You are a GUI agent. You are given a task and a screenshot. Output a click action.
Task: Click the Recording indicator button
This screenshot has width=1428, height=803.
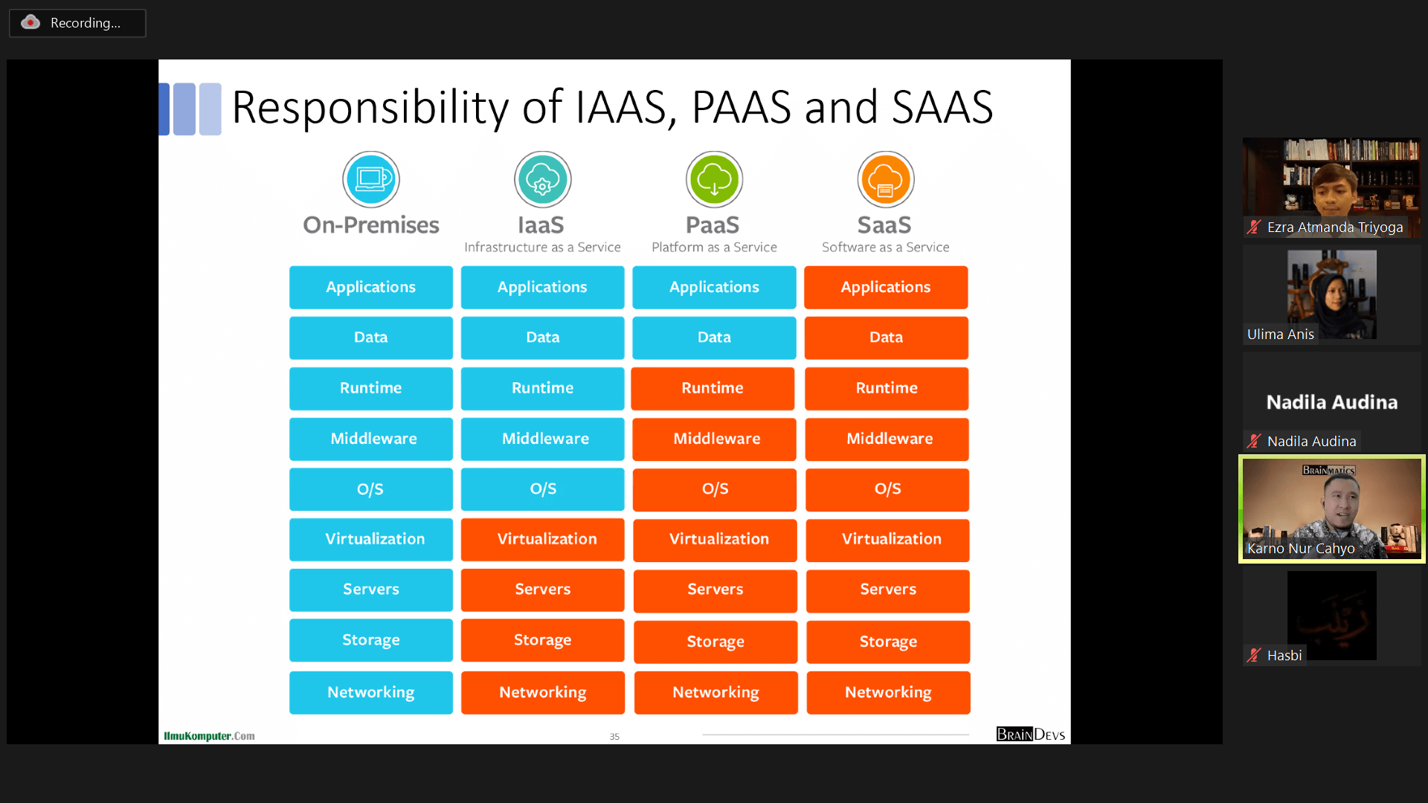[77, 23]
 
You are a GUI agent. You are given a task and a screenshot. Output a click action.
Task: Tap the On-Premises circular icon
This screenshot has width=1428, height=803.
[371, 179]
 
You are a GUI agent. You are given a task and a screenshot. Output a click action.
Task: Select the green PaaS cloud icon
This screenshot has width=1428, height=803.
[714, 179]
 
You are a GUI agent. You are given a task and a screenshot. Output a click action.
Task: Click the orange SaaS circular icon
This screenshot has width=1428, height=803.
[885, 179]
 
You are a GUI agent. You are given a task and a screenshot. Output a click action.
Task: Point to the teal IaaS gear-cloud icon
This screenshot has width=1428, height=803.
[542, 179]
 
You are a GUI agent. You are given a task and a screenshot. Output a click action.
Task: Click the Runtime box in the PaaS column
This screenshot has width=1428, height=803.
[713, 388]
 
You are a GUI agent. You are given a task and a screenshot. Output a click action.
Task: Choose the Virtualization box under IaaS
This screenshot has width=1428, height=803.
[542, 539]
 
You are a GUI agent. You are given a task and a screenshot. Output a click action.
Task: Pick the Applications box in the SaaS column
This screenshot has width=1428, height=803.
[885, 287]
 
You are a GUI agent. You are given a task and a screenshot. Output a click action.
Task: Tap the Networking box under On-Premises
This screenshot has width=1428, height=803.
[370, 692]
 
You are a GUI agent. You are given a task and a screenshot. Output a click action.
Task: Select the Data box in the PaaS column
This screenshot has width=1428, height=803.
[714, 338]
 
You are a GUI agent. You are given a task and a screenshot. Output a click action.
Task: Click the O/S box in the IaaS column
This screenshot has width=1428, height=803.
[542, 489]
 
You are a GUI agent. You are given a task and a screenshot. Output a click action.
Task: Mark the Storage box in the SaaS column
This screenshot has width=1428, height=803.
[888, 641]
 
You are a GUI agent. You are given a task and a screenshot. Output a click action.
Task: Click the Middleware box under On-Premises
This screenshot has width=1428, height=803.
[370, 439]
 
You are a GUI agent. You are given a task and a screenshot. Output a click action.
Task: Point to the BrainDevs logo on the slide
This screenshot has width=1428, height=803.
[1030, 735]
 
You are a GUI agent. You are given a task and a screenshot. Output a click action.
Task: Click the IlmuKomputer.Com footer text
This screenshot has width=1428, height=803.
[209, 736]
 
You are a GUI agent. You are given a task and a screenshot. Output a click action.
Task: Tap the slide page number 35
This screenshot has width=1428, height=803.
[614, 737]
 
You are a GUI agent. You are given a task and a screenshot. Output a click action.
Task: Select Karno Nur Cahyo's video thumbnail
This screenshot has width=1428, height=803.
[1331, 509]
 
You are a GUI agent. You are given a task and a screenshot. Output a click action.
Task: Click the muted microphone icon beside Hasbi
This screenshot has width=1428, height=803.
[1254, 655]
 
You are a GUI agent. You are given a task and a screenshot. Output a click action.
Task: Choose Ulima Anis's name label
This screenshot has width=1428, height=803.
[1280, 335]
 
